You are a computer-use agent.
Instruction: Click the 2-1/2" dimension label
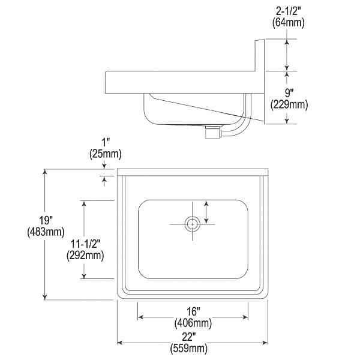point(288,11)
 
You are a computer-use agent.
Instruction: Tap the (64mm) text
point(289,23)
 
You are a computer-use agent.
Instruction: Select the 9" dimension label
point(289,93)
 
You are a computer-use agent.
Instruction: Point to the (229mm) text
point(289,105)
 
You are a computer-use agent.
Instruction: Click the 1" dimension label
point(106,142)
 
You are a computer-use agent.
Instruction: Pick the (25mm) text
point(106,154)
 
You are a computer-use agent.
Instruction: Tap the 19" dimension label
point(46,220)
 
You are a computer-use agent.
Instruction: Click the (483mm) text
point(46,232)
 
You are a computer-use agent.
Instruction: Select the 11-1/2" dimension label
point(85,244)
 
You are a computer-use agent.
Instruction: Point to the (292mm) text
point(85,256)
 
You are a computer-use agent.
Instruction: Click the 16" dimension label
point(193,312)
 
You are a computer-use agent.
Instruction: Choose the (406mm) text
point(193,323)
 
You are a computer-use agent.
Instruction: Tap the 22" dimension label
point(189,337)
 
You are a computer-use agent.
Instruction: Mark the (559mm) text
point(189,349)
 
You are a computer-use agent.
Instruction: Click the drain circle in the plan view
point(193,224)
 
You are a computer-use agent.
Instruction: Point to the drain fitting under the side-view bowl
point(213,132)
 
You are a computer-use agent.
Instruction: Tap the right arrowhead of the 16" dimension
point(245,317)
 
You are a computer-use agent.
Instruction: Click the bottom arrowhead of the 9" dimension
point(287,121)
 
